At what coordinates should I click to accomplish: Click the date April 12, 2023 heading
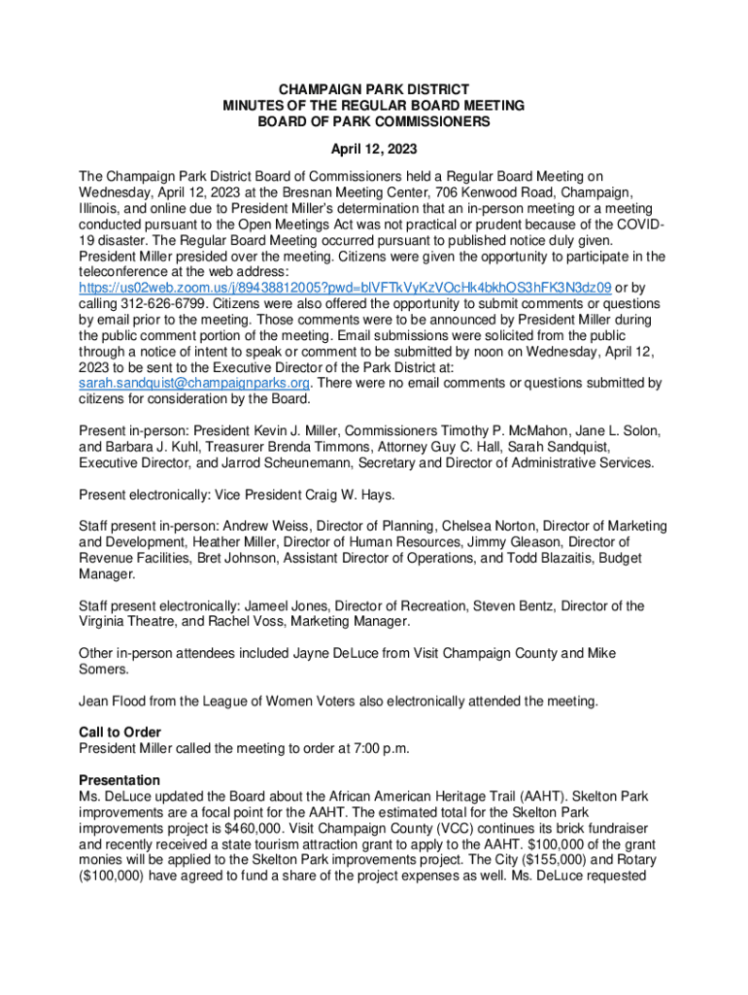[x=374, y=150]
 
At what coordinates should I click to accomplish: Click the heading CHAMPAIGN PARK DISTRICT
[x=374, y=88]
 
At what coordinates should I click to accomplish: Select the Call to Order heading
[x=119, y=732]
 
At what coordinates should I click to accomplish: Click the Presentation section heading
[x=119, y=779]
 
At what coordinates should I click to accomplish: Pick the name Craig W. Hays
[x=347, y=495]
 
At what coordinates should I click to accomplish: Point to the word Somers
[x=105, y=669]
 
